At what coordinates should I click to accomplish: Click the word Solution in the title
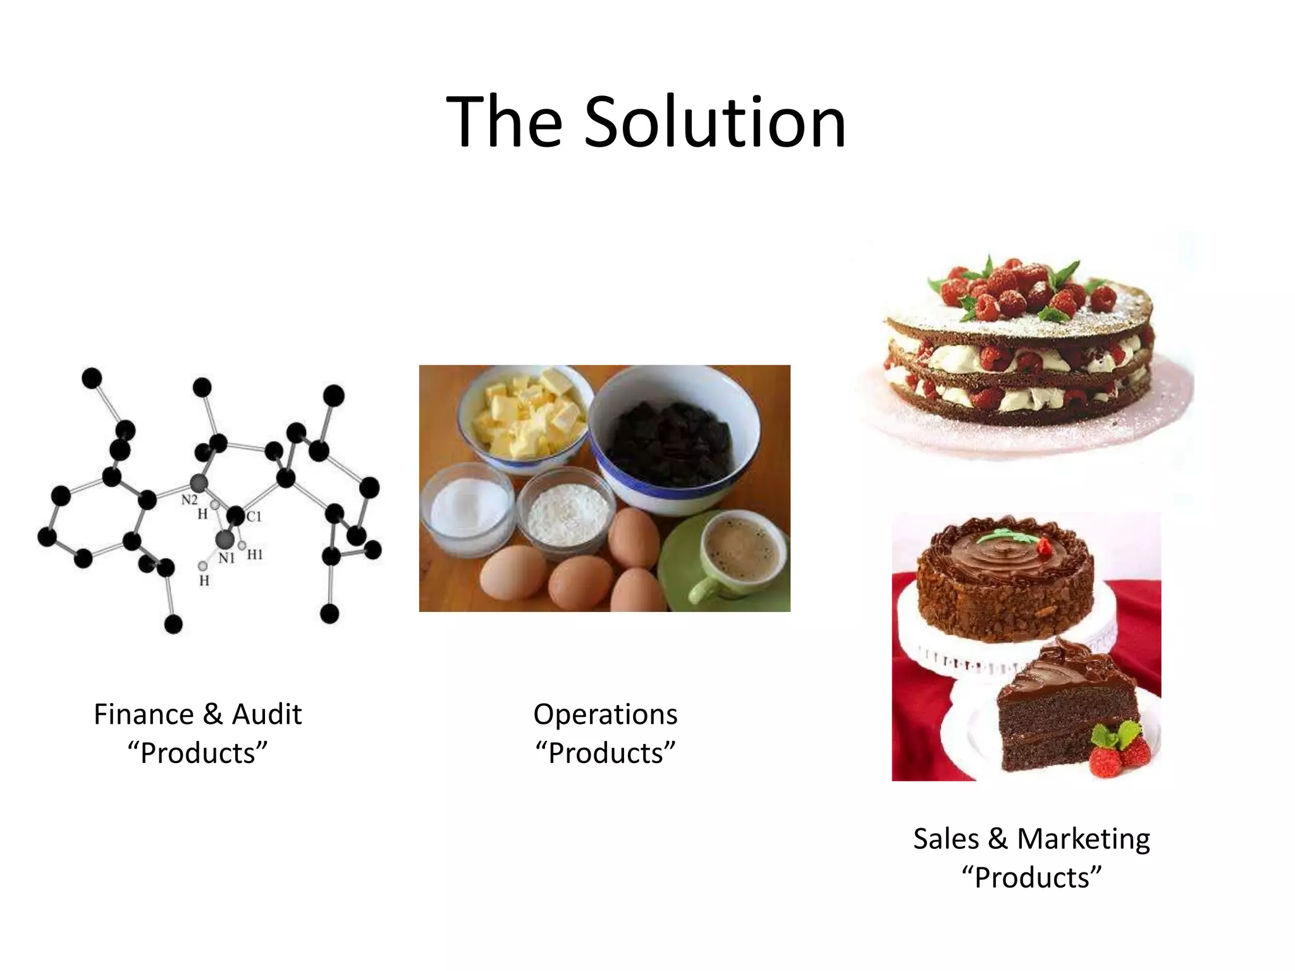715,122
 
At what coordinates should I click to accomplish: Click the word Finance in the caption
144,714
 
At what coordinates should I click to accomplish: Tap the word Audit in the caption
267,714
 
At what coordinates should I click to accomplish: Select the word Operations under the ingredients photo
605,714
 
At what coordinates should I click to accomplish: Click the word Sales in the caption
946,839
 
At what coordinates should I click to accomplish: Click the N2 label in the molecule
189,500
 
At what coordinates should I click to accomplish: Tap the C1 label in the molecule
254,516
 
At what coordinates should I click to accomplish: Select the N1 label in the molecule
226,558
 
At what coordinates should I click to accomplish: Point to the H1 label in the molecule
254,555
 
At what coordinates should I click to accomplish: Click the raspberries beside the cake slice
1119,755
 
